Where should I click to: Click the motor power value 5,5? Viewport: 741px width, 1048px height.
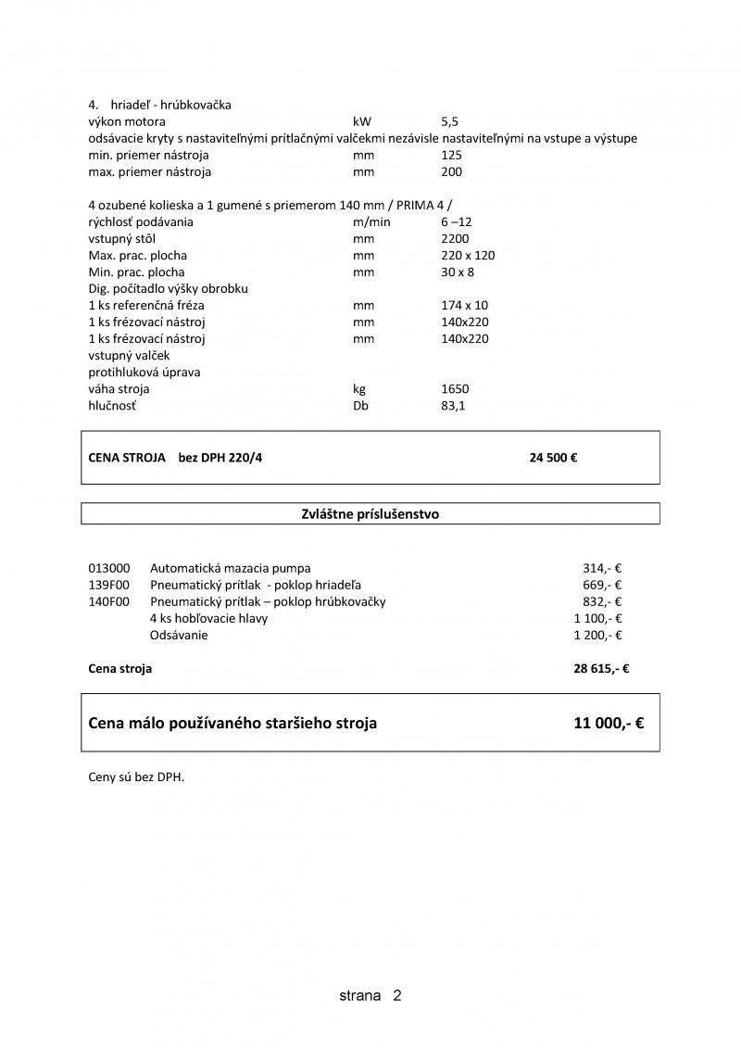tap(450, 121)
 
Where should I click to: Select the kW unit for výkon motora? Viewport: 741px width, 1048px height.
tap(361, 121)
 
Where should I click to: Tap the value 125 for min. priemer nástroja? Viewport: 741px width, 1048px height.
tap(452, 155)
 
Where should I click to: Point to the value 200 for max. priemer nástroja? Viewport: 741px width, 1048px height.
tap(452, 171)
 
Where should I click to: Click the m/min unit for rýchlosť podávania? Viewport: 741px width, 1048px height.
tap(371, 221)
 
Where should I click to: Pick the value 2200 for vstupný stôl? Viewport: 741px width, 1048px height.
tap(455, 238)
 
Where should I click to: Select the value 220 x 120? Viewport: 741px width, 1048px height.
tap(468, 255)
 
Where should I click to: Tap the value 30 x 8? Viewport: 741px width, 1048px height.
tap(458, 271)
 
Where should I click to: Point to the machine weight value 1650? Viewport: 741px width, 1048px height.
tap(455, 388)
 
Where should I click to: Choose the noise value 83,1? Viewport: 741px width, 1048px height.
tap(453, 405)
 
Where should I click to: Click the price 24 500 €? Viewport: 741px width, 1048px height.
tap(553, 458)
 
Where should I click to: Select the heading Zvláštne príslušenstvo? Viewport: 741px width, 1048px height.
tap(370, 514)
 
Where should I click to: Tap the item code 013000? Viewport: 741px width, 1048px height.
tap(109, 568)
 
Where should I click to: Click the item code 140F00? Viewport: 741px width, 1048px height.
tap(109, 601)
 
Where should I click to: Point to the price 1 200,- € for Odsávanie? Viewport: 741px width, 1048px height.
tap(597, 635)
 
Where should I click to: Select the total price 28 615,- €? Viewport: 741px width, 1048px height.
tap(601, 668)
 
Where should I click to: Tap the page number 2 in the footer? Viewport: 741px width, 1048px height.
tap(396, 996)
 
